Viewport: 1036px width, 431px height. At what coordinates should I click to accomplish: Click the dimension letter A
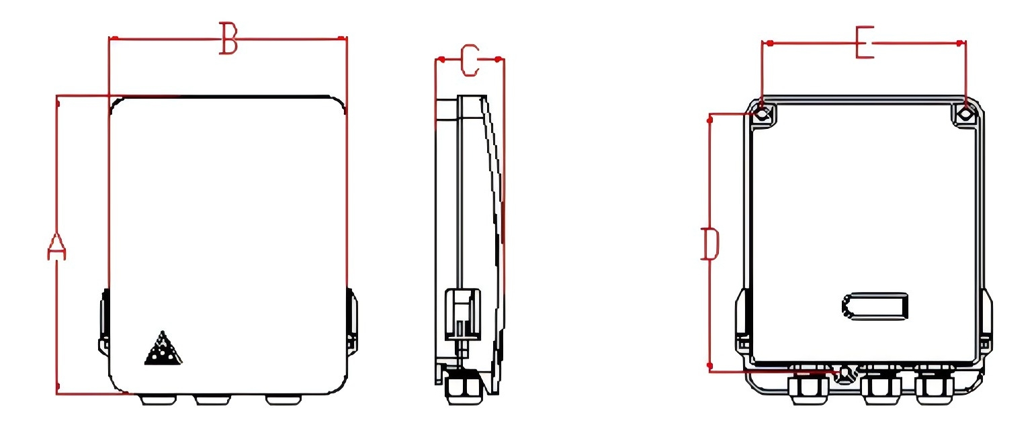click(x=57, y=246)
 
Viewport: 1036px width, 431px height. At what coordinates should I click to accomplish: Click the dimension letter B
click(x=228, y=38)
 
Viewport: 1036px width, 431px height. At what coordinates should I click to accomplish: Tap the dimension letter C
click(x=470, y=60)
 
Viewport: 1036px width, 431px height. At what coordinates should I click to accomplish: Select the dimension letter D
click(x=710, y=243)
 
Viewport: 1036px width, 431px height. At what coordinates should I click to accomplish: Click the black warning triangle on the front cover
click(x=163, y=348)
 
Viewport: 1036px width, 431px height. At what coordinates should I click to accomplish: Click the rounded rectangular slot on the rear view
click(x=875, y=306)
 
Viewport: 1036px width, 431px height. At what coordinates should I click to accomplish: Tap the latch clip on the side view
click(x=462, y=315)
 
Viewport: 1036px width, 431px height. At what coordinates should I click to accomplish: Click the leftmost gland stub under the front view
click(x=158, y=399)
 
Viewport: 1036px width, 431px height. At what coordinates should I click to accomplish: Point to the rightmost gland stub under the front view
click(x=284, y=399)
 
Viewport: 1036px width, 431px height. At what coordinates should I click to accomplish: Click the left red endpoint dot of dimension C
click(x=441, y=60)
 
